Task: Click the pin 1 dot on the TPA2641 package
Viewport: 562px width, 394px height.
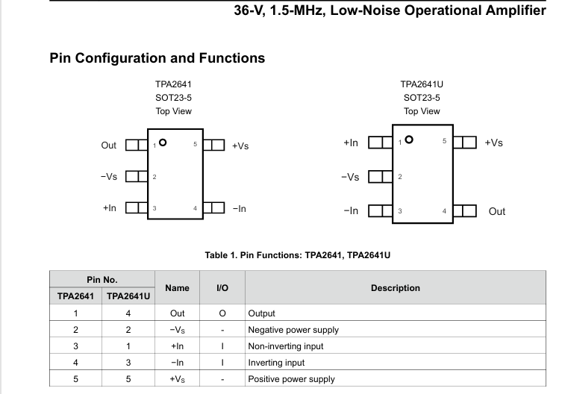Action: coord(163,143)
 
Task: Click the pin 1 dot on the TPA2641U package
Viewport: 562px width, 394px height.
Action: coord(408,140)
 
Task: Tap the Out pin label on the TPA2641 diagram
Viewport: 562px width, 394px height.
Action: coord(109,146)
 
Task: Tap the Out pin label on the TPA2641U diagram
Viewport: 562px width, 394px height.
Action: coord(497,211)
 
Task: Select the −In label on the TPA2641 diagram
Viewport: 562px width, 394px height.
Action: coord(240,209)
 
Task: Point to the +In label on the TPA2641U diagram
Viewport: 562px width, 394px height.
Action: coord(351,143)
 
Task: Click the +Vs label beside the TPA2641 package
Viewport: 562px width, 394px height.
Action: coord(240,146)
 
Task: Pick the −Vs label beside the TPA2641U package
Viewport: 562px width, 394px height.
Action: coord(350,177)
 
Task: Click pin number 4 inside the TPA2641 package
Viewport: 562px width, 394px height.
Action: coord(195,208)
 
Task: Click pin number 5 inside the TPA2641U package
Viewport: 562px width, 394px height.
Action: coord(444,141)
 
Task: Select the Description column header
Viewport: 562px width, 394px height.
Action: coord(396,288)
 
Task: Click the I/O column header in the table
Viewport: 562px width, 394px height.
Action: coord(222,288)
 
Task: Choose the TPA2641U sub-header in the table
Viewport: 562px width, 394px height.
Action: coord(128,296)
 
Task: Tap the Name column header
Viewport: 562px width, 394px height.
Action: coord(177,288)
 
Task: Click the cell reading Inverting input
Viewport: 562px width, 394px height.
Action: coord(276,363)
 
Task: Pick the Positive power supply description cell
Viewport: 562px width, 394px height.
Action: coord(291,379)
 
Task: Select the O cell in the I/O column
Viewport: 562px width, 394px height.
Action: coord(222,313)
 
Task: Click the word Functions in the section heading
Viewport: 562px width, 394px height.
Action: coord(232,58)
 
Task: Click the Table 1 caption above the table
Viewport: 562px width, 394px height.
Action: coord(298,255)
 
